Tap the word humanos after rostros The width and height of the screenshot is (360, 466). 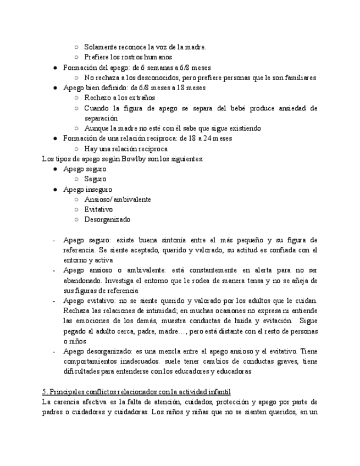coord(158,57)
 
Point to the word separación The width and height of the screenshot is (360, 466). coord(101,118)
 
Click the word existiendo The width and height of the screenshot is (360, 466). coord(243,128)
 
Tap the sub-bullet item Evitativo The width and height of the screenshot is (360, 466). coord(99,209)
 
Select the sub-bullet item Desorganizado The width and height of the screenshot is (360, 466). coord(108,219)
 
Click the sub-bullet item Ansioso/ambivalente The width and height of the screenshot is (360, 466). coord(118,199)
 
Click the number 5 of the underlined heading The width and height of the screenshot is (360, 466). coord(44,391)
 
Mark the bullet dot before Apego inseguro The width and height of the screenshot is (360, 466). coord(56,190)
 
